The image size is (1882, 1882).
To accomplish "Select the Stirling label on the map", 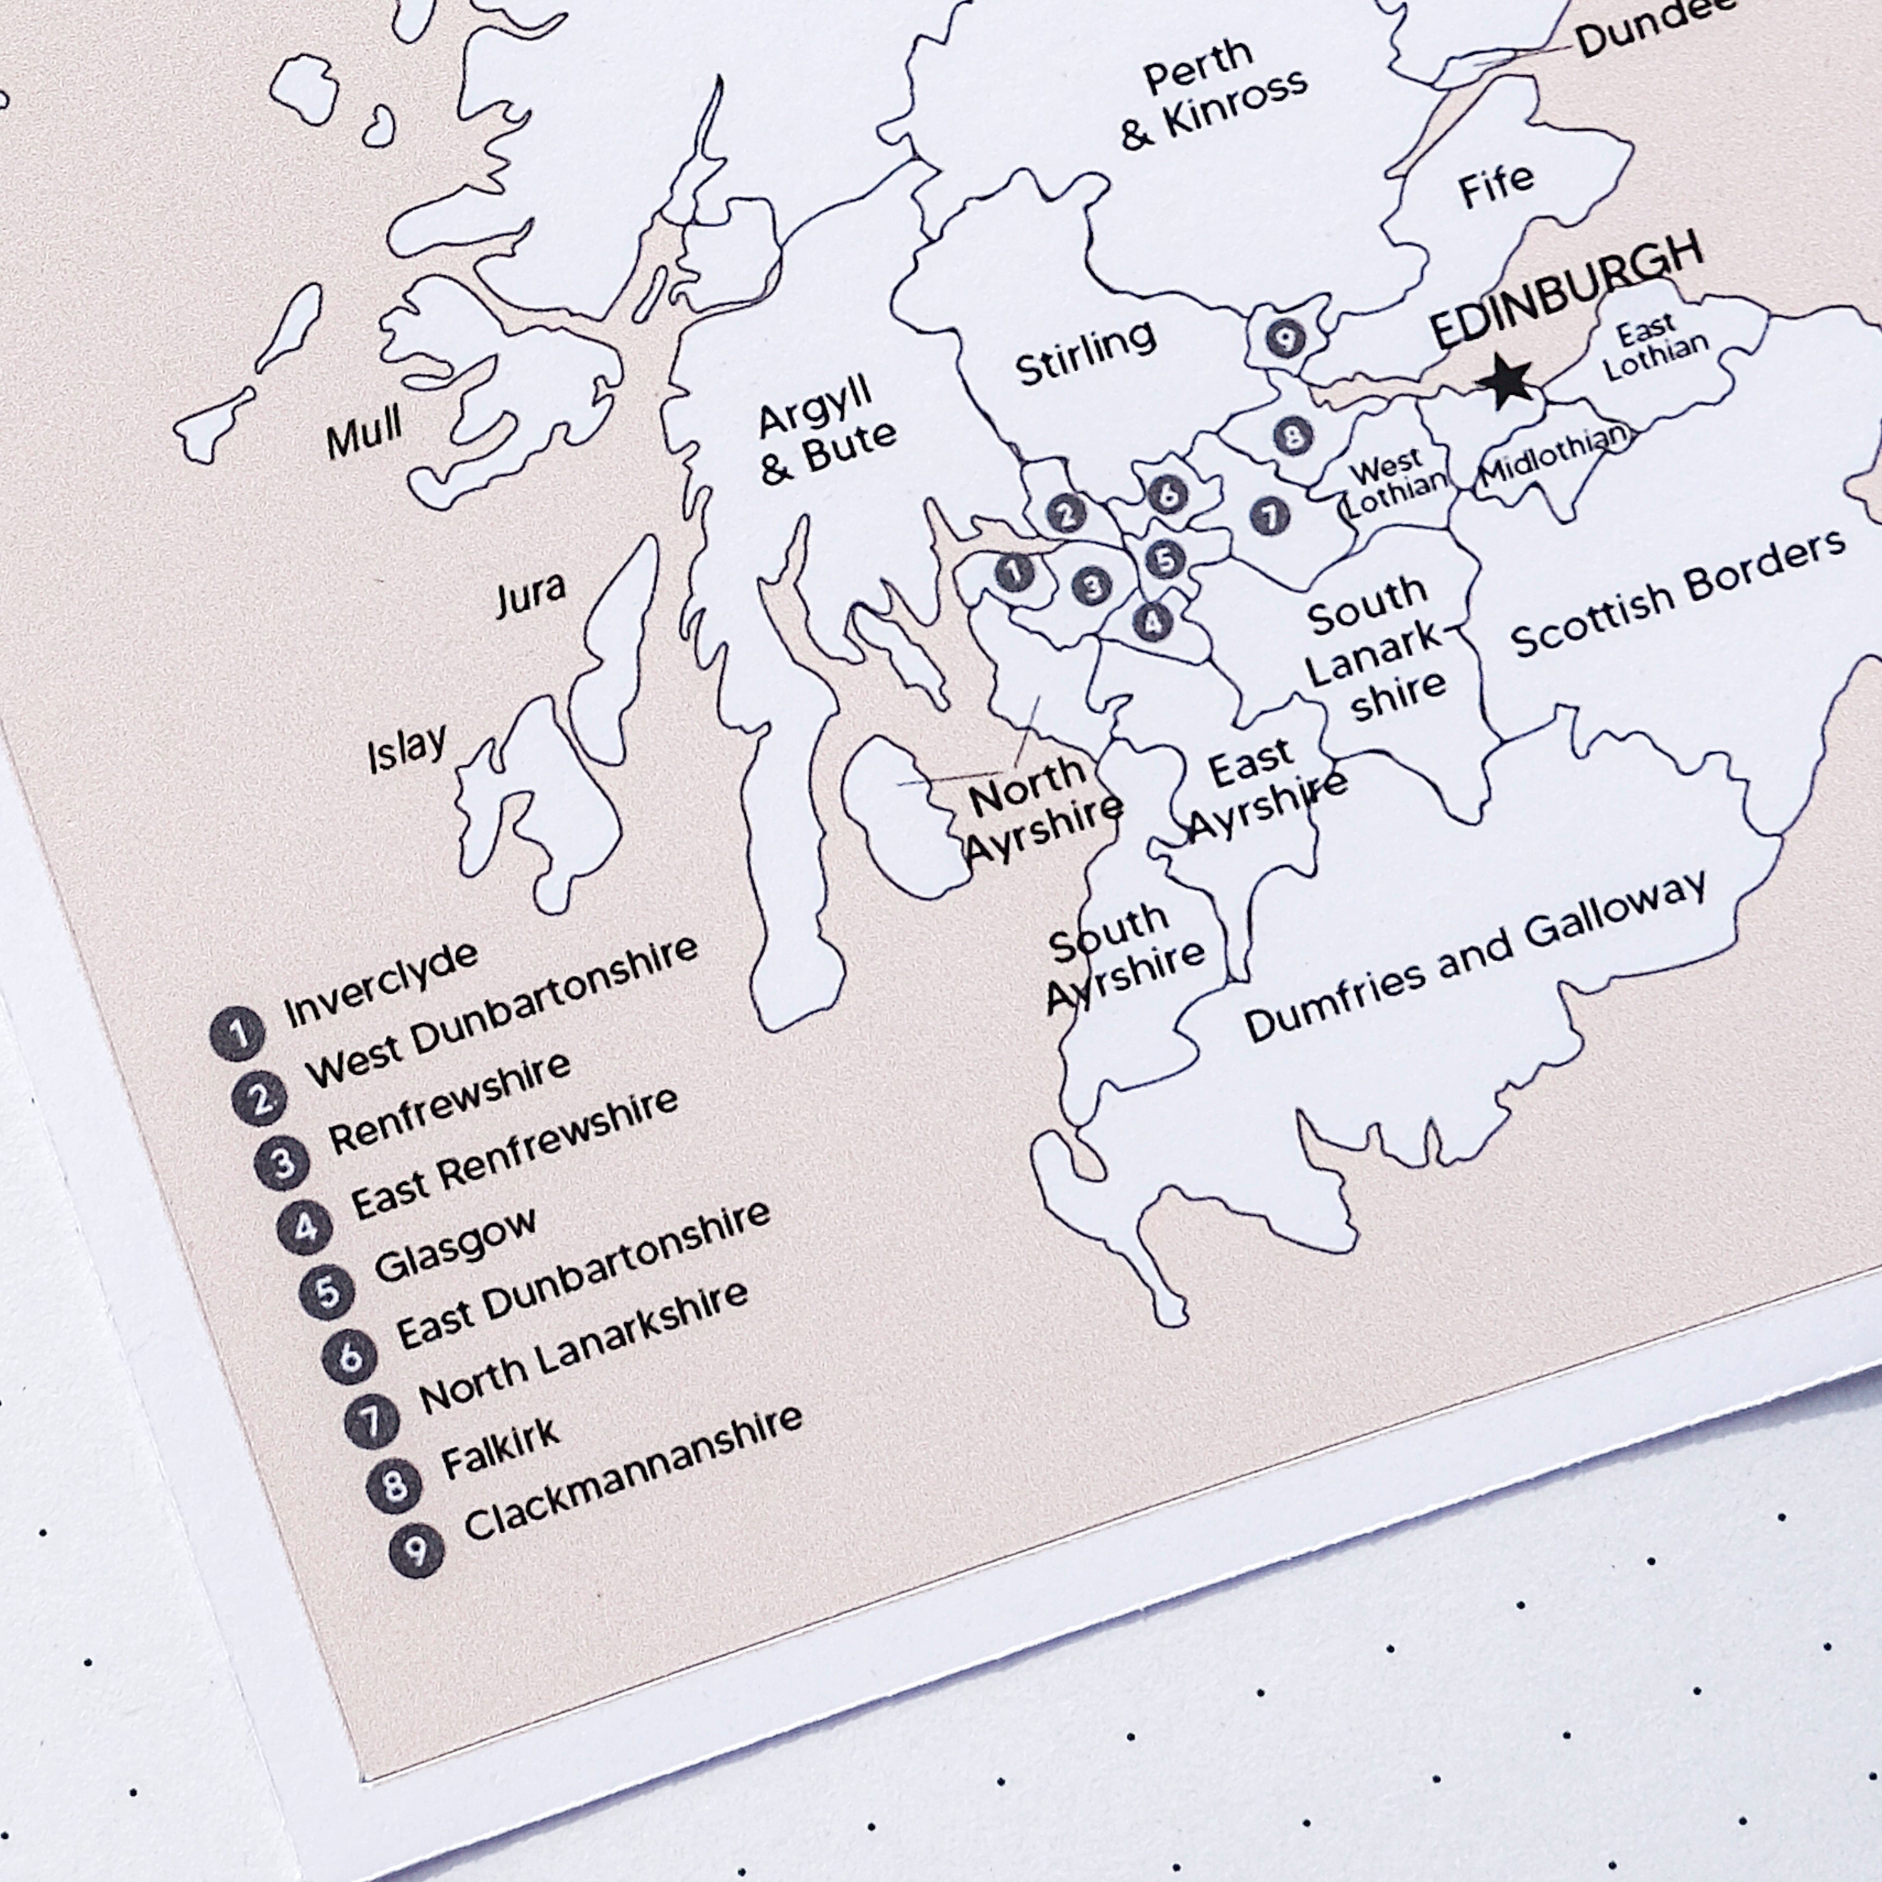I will click(x=1085, y=353).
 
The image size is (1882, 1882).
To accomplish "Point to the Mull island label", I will click(x=363, y=433).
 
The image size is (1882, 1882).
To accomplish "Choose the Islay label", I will click(x=407, y=748).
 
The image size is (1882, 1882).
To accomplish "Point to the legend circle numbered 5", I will click(x=328, y=1292).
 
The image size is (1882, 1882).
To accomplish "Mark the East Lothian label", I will click(x=1654, y=348).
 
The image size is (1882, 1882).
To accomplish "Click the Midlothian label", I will click(x=1554, y=457).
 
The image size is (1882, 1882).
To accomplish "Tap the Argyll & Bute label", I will click(x=826, y=432).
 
